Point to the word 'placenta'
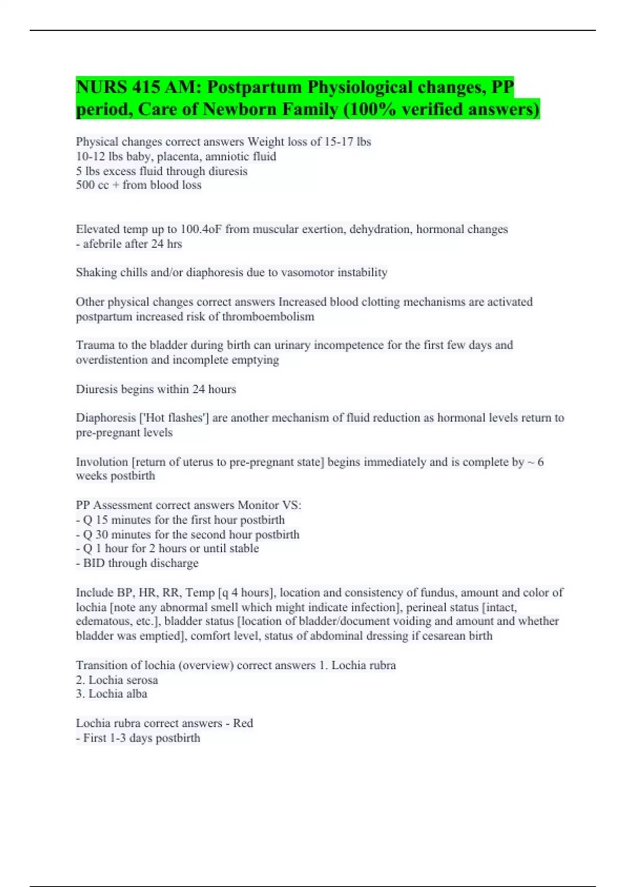pos(177,156)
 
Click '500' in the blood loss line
pos(85,185)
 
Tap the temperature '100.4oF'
pos(201,229)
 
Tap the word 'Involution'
pos(102,462)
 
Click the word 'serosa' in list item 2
pos(140,680)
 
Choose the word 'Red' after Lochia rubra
pos(243,723)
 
